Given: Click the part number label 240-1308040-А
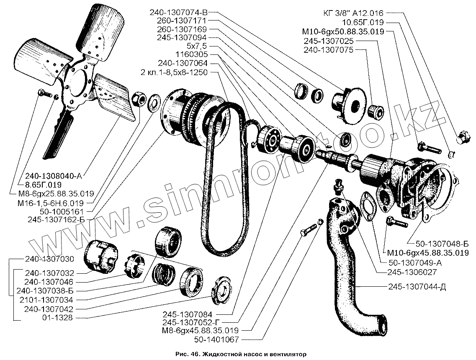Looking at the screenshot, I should pyautogui.click(x=59, y=176).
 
